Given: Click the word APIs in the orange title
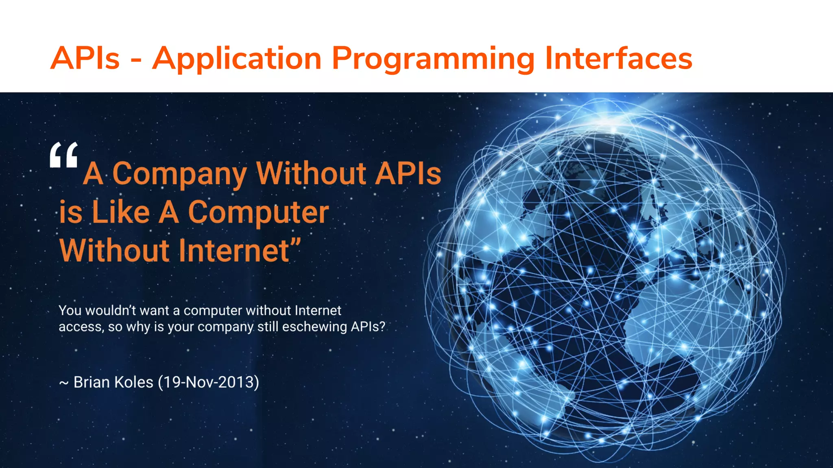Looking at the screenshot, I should (85, 58).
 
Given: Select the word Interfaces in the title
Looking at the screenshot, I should (618, 58).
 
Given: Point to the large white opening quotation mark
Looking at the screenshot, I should (64, 155).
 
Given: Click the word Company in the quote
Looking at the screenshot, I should (179, 174).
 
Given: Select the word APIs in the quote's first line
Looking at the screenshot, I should (408, 174).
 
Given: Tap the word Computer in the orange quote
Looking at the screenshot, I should (258, 212).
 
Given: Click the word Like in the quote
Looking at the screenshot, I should (121, 212).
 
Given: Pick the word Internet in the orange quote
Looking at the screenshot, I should (234, 251).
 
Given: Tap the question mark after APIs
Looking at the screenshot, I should (382, 327).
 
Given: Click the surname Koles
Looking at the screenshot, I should (133, 382).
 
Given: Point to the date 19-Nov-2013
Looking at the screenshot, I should (208, 382).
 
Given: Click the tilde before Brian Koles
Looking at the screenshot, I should (64, 383).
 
